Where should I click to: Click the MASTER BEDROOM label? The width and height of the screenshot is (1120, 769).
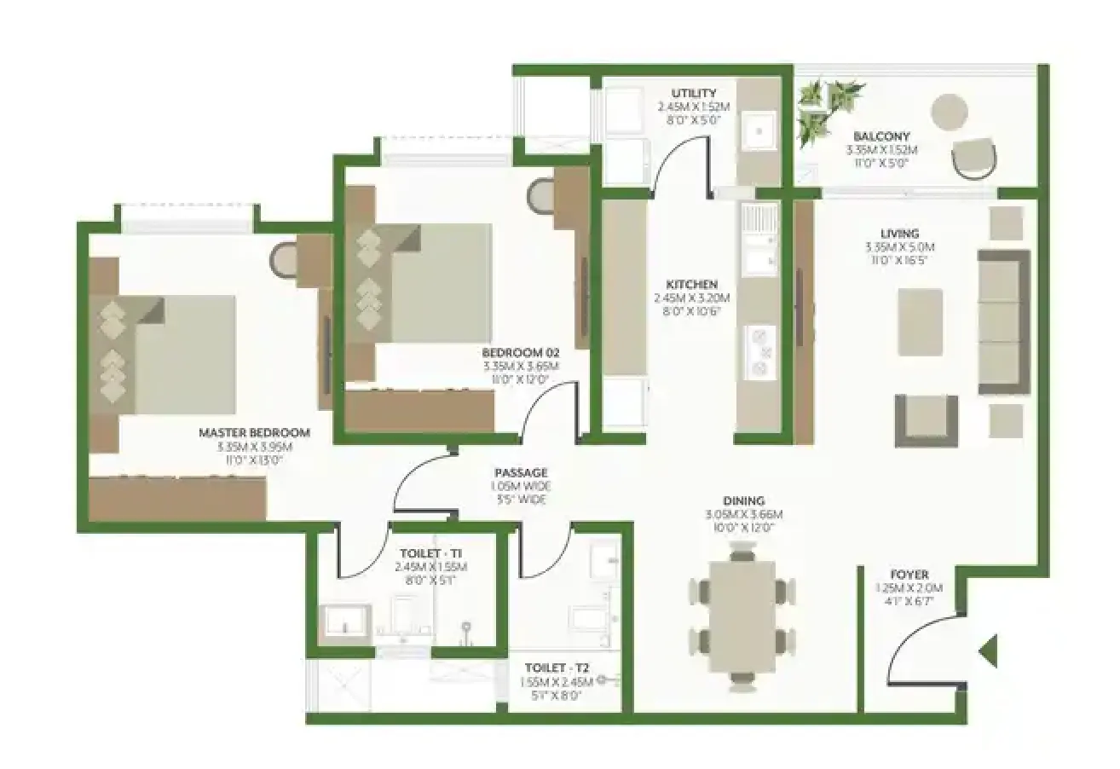click(254, 432)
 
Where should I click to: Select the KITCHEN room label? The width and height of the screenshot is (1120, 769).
click(691, 284)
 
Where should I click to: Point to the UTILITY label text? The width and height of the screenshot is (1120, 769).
click(693, 93)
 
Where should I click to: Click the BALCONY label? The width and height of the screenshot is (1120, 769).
click(881, 136)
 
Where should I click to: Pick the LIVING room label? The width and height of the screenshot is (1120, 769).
click(899, 233)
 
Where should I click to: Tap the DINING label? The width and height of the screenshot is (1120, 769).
click(743, 500)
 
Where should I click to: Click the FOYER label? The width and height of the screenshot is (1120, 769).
click(909, 575)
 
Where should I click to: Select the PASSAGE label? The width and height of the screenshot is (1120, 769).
click(521, 472)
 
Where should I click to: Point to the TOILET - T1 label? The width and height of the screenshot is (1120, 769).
click(430, 552)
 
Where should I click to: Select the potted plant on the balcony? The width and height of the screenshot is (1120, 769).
click(827, 107)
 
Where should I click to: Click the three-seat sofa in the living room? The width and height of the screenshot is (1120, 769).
click(1003, 322)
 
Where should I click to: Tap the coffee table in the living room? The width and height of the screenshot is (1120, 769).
click(920, 321)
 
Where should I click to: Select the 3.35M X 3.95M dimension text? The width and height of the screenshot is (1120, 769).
click(254, 446)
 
